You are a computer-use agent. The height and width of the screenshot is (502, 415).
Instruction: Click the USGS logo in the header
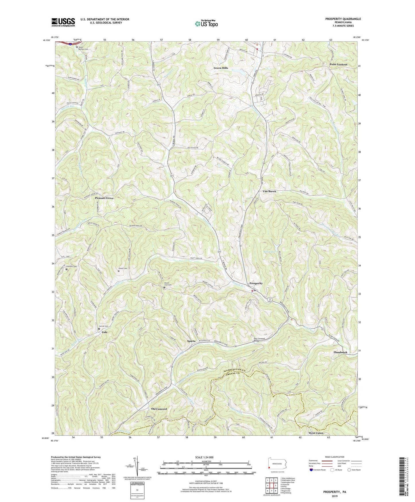point(63,22)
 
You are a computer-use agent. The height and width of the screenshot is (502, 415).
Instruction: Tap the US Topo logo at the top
point(206,24)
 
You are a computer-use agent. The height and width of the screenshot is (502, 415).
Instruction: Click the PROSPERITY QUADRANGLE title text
point(343,19)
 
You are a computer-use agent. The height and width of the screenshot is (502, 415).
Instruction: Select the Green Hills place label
point(221,68)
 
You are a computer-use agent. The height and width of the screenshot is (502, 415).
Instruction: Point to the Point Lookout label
point(338,64)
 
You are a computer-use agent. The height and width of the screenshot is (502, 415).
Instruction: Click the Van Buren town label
point(269,191)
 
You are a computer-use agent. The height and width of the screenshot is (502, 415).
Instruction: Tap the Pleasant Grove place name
point(104,198)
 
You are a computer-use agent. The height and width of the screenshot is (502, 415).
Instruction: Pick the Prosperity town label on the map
point(256,283)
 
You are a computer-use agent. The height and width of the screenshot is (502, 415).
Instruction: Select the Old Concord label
point(159,409)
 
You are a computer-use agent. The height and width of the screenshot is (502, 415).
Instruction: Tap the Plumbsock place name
point(340,352)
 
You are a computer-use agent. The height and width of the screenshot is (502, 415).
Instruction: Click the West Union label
point(316,433)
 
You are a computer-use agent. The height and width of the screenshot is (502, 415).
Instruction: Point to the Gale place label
point(105,332)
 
